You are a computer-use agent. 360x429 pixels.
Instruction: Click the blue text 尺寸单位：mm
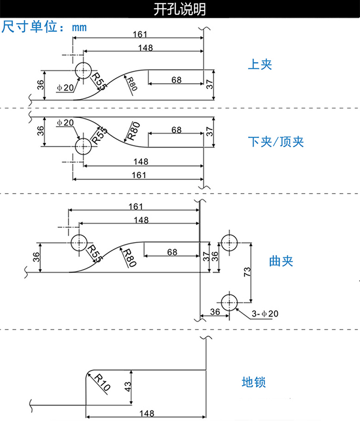click(x=44, y=27)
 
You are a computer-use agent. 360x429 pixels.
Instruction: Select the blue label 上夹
click(x=260, y=64)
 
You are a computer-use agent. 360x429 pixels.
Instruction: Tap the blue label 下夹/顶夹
click(x=276, y=142)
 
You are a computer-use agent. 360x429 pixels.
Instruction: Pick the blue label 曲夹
click(x=281, y=261)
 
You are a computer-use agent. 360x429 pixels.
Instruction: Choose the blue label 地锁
click(x=253, y=382)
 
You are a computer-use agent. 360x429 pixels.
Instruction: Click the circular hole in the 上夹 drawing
click(x=84, y=70)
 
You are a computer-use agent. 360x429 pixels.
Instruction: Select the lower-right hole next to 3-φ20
click(x=229, y=303)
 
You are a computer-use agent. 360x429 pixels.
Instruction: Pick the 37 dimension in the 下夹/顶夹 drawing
click(x=209, y=132)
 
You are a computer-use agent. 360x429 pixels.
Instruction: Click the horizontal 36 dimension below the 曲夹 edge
click(x=214, y=311)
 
